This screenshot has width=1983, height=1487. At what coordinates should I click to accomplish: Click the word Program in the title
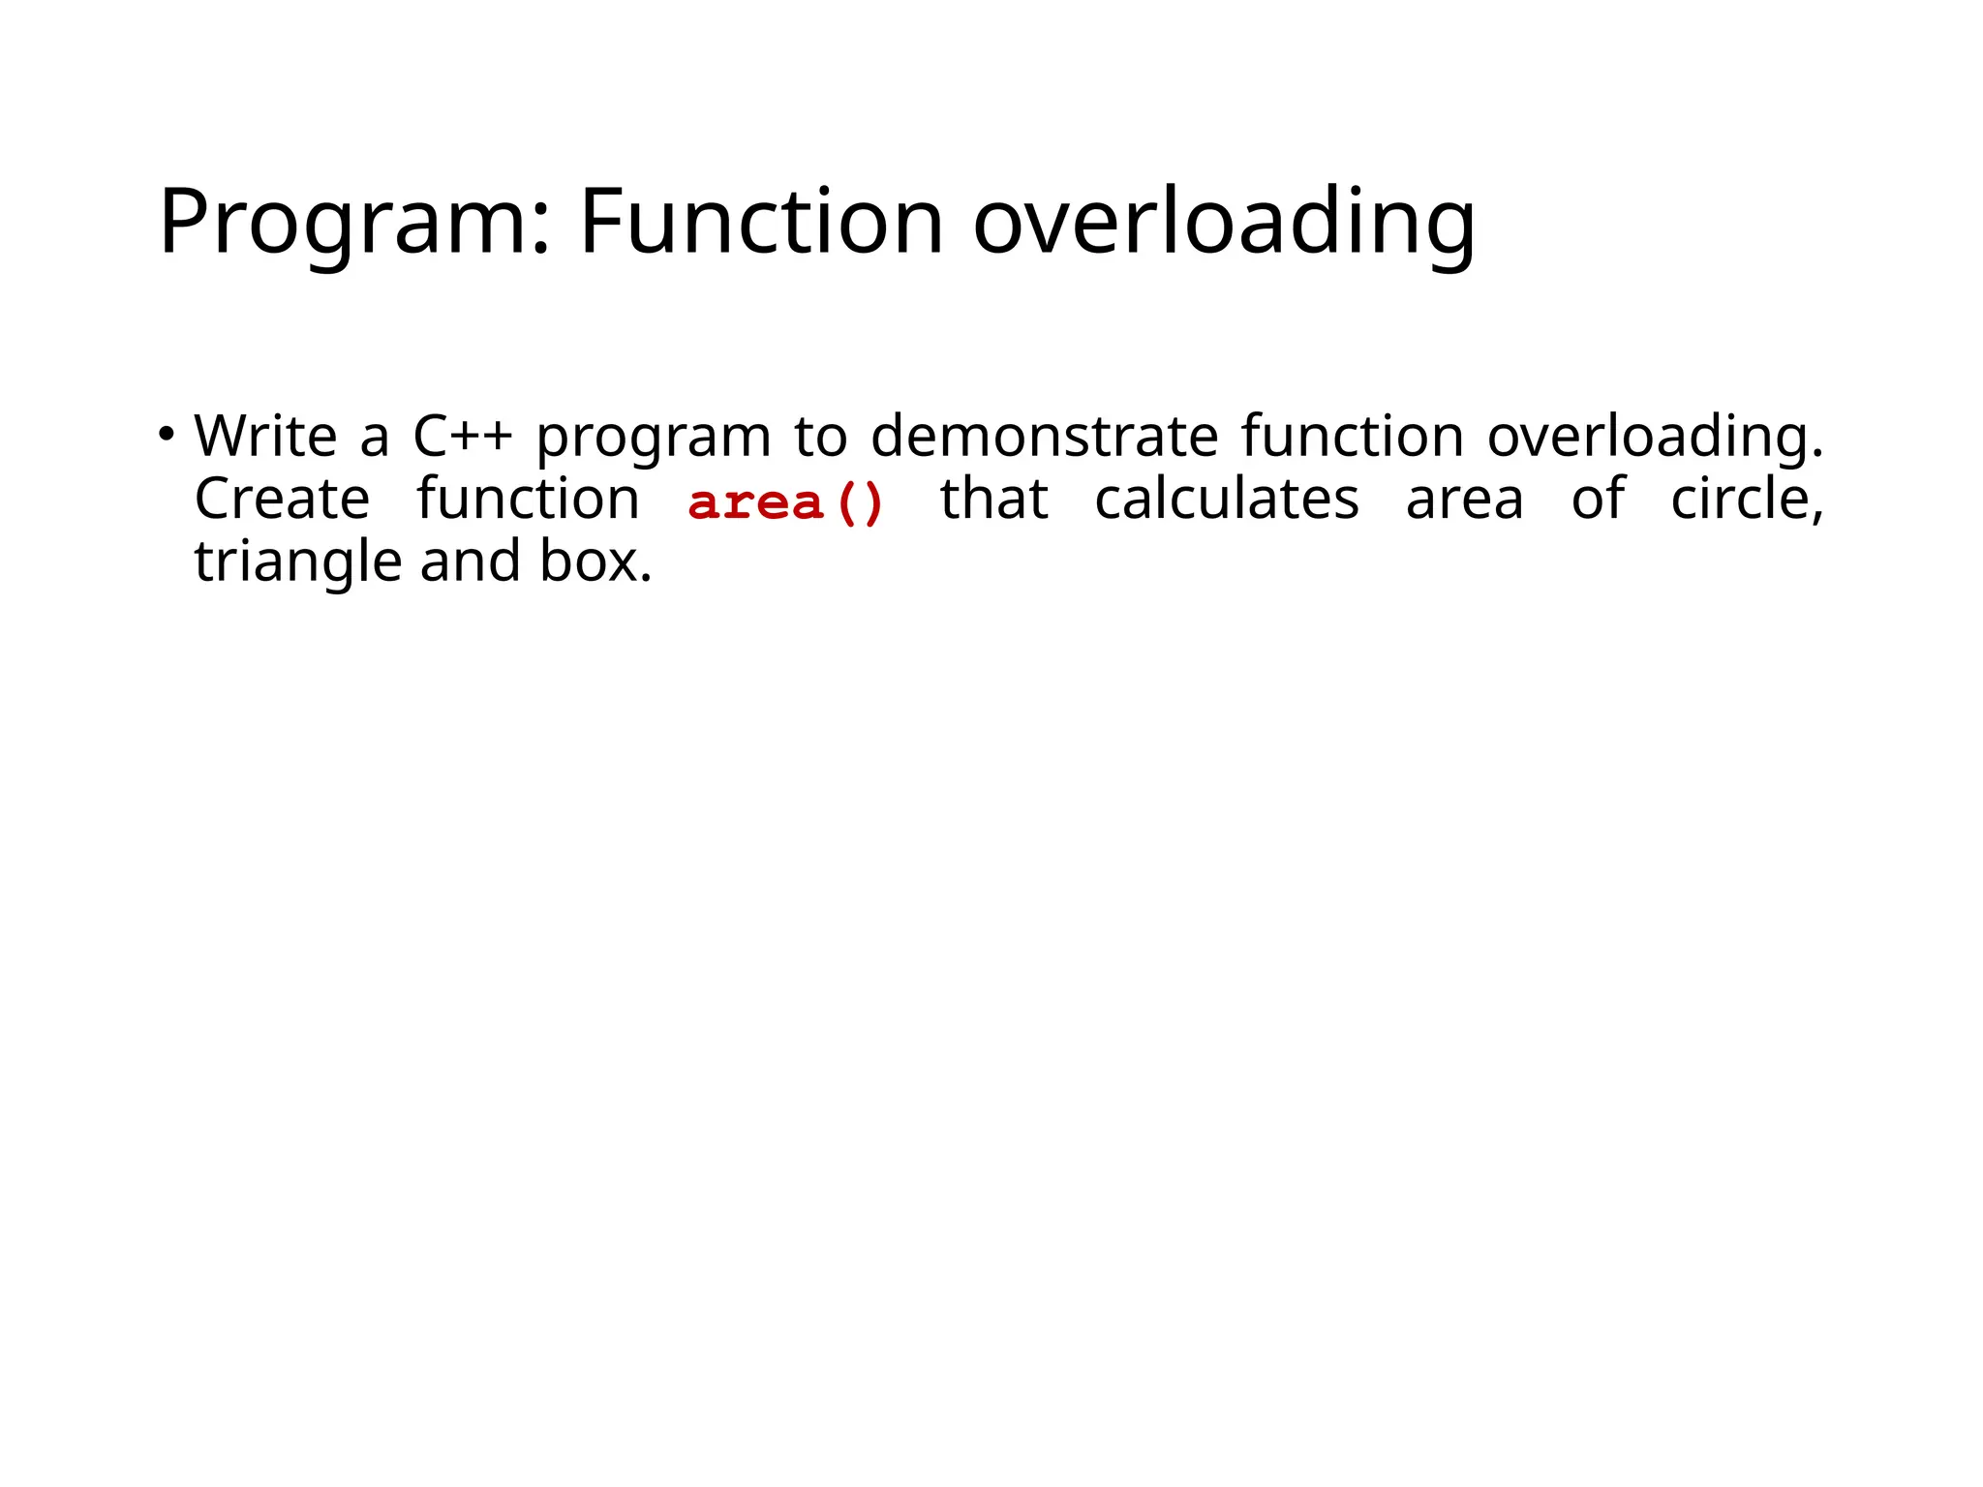(353, 223)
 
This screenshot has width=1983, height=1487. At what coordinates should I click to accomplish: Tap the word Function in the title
(761, 223)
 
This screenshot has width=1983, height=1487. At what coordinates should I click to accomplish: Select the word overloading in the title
(1224, 223)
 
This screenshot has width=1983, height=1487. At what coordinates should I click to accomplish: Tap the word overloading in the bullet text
(1655, 438)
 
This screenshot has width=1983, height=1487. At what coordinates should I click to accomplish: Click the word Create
(282, 500)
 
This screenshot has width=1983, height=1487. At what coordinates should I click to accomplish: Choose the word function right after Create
(528, 500)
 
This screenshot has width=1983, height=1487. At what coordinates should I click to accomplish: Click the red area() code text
(785, 503)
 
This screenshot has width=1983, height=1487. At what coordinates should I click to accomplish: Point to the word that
(994, 500)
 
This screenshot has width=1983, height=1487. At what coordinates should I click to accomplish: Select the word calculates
(1227, 500)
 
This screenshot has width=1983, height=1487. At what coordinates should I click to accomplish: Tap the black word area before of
(1464, 501)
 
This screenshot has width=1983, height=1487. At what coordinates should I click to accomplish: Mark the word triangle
(297, 563)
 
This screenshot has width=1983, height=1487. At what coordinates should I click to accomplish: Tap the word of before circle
(1598, 500)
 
